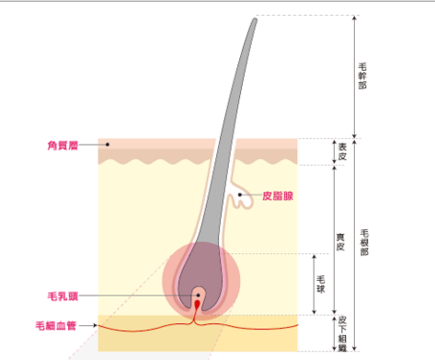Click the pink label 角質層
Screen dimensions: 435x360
point(63,145)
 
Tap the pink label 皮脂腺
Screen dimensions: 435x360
point(278,196)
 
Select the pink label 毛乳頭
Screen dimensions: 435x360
point(63,296)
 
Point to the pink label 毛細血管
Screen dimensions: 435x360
point(56,326)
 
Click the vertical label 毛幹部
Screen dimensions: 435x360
point(362,76)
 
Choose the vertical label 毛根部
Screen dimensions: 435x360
point(364,242)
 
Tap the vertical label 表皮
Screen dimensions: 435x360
point(342,152)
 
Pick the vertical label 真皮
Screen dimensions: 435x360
point(340,242)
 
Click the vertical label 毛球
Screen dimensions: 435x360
point(321,285)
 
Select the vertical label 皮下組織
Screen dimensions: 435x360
point(342,334)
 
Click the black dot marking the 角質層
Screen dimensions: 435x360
point(108,145)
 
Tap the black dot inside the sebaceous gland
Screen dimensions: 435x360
point(240,194)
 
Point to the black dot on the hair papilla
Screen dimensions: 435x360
point(199,295)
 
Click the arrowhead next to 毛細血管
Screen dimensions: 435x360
point(96,325)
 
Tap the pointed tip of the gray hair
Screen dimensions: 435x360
point(255,19)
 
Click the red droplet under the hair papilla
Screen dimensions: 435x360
point(197,305)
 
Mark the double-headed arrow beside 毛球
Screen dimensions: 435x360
point(314,285)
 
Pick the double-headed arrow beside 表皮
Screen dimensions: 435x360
point(335,152)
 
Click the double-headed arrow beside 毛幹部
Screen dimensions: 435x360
point(354,76)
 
